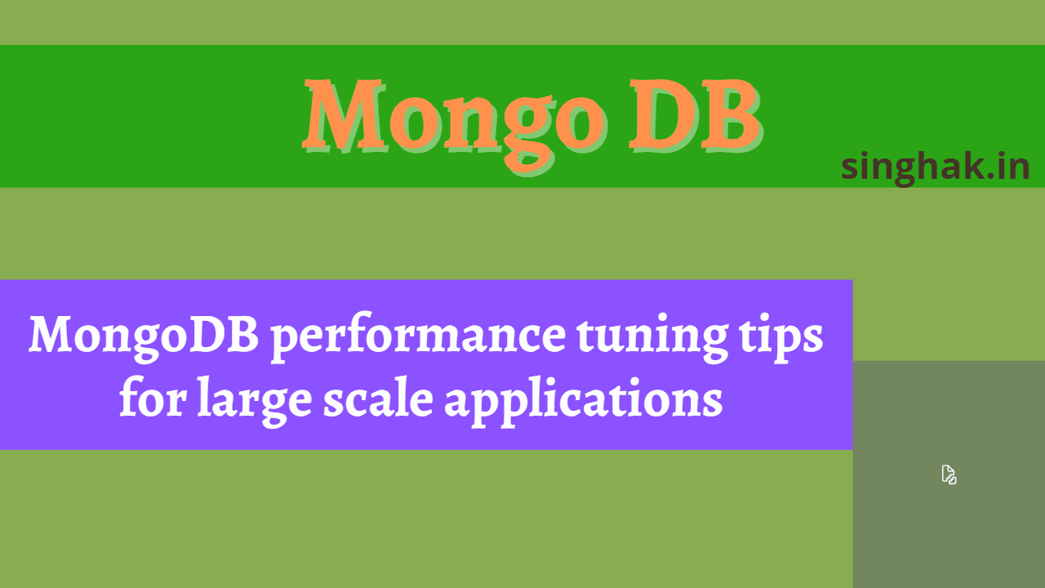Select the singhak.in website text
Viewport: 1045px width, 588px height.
936,167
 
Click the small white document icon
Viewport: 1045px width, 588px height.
949,474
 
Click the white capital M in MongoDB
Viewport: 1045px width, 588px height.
51,335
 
